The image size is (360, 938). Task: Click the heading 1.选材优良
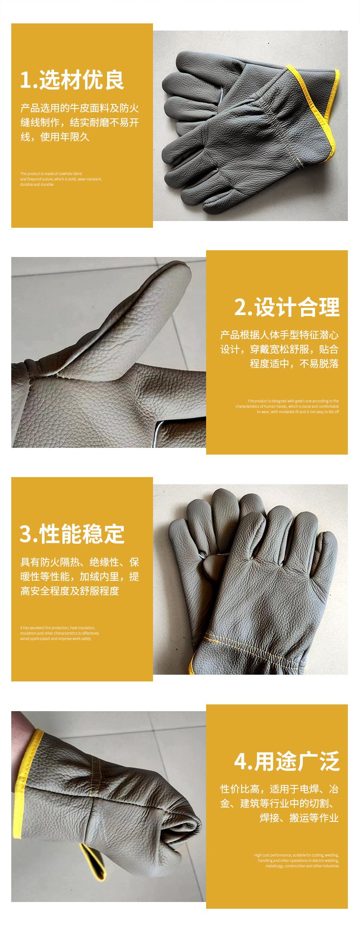[72, 81]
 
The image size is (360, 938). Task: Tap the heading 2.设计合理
[287, 308]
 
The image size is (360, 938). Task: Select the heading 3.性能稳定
[72, 534]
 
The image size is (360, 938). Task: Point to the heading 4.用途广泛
[287, 762]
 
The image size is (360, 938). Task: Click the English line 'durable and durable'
[37, 185]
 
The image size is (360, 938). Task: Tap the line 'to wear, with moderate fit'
[298, 412]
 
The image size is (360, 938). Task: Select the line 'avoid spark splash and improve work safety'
[55, 639]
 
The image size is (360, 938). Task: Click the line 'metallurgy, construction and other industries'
[302, 866]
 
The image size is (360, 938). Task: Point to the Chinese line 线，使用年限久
[55, 137]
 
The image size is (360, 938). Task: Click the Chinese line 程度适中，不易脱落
[294, 364]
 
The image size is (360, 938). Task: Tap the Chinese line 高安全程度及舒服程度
[70, 591]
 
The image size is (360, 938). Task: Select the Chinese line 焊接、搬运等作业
[299, 818]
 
